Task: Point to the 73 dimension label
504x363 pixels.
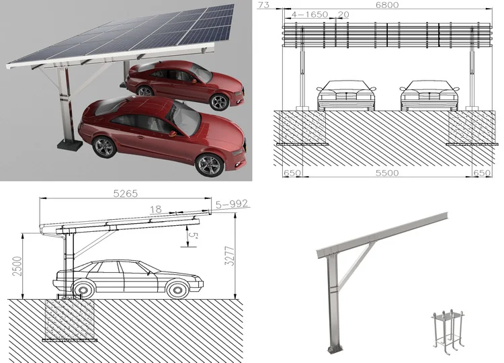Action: (263, 5)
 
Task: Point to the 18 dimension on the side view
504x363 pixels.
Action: (155, 210)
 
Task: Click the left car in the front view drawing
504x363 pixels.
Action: (346, 95)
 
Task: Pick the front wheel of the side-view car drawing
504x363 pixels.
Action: (177, 289)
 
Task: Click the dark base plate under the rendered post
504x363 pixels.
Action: (69, 144)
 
